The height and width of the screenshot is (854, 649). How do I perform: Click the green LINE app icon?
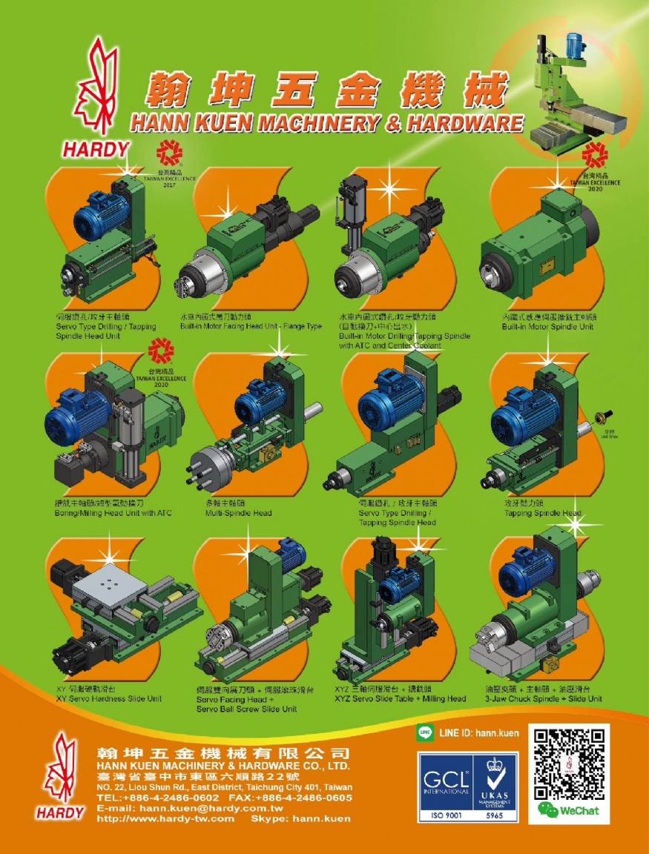point(425,732)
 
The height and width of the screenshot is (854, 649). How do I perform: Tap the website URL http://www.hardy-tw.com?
point(165,819)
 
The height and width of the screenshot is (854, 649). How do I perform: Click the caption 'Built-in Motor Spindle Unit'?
point(547,326)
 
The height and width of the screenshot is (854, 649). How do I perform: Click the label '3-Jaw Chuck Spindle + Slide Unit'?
point(543,698)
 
